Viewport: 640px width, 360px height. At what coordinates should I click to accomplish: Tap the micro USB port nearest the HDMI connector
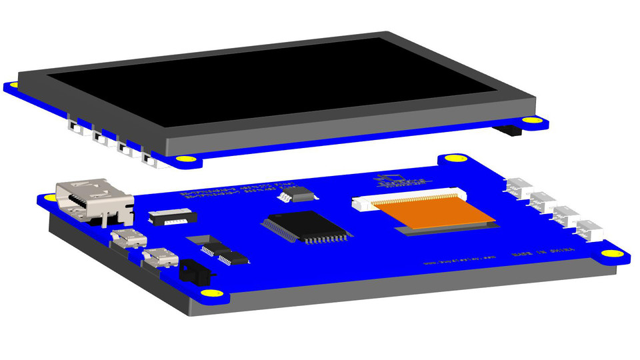pos(128,239)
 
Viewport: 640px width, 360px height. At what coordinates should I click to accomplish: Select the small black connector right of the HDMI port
pos(171,216)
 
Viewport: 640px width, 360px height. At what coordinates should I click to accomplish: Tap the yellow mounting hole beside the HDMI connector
pos(47,197)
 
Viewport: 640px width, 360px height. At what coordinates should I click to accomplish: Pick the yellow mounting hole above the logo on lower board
pos(453,159)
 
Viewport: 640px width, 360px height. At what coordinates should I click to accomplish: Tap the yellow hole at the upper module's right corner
pos(531,120)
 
